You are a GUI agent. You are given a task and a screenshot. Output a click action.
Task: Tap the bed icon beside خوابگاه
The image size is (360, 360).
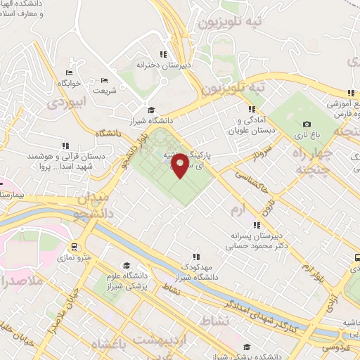[x=69, y=72]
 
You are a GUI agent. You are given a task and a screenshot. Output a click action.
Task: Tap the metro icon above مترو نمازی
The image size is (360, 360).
[x=74, y=247]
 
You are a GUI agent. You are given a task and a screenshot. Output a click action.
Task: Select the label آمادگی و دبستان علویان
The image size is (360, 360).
[x=251, y=125]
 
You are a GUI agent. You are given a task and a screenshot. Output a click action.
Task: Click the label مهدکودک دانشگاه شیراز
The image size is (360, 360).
[x=196, y=271]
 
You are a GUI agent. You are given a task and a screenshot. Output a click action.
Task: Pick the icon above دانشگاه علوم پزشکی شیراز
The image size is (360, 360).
[x=127, y=266]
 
